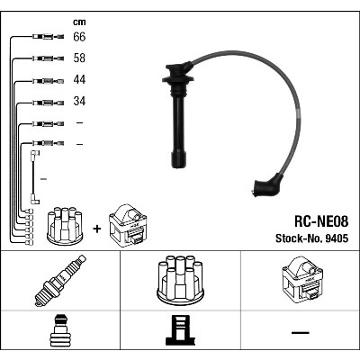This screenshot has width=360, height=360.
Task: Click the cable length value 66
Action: pyautogui.click(x=79, y=37)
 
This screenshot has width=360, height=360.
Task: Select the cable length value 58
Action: pyautogui.click(x=79, y=58)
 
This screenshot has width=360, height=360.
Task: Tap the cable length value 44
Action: pyautogui.click(x=79, y=79)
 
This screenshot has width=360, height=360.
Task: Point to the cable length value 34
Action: pyautogui.click(x=79, y=101)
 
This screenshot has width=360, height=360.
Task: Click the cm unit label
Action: pyautogui.click(x=79, y=22)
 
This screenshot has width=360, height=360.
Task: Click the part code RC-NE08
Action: pyautogui.click(x=321, y=222)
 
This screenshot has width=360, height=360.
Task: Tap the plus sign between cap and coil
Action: pyautogui.click(x=97, y=229)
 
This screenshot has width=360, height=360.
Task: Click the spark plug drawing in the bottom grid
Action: pyautogui.click(x=60, y=281)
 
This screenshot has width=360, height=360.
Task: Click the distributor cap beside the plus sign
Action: pyautogui.click(x=65, y=226)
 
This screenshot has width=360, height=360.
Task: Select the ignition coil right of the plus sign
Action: pyautogui.click(x=128, y=226)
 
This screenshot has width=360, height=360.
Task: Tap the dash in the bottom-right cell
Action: pyautogui.click(x=301, y=332)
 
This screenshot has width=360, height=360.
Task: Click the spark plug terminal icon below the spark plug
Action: pyautogui.click(x=60, y=330)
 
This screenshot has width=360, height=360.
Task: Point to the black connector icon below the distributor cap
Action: pyautogui.click(x=180, y=330)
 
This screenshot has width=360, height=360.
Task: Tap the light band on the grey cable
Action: pyautogui.click(x=297, y=113)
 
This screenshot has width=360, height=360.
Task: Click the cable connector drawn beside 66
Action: pyautogui.click(x=48, y=37)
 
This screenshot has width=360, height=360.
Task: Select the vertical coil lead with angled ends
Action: pyautogui.click(x=32, y=177)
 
